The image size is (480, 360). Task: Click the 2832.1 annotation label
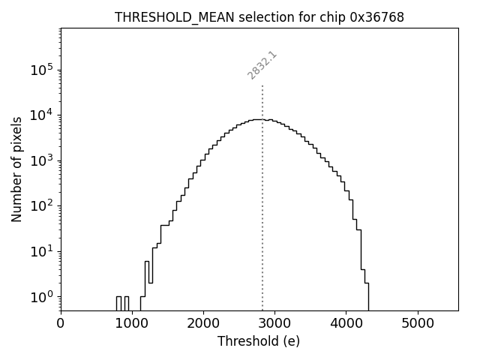point(262,65)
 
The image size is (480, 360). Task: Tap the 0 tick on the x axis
point(61,323)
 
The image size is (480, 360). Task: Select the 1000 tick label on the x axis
point(132,323)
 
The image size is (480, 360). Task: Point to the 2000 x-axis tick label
point(203,323)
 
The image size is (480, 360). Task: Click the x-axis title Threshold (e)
point(259,341)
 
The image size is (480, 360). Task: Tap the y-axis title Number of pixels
point(16,169)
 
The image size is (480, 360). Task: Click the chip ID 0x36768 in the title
point(376,17)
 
